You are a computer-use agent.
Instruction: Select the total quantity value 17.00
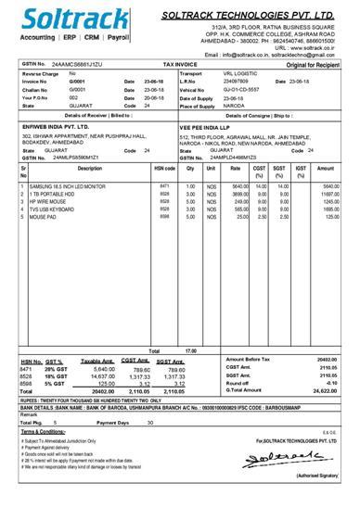[x=190, y=351]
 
